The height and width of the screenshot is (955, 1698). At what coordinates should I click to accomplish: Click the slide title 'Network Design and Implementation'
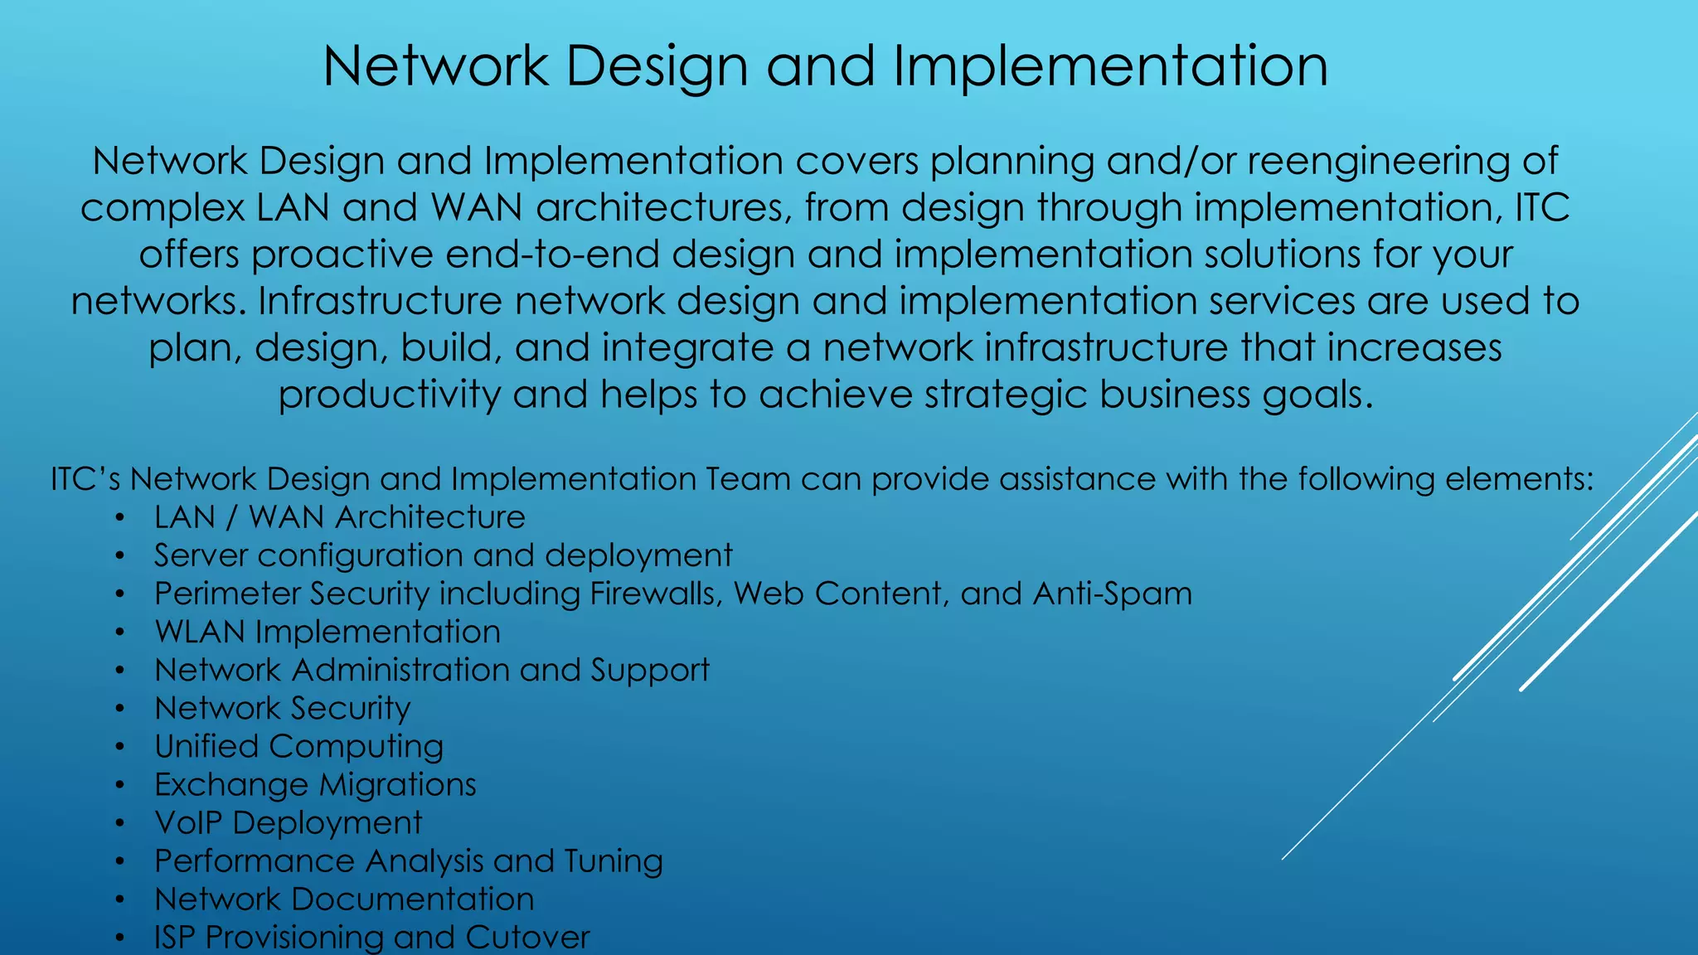click(825, 66)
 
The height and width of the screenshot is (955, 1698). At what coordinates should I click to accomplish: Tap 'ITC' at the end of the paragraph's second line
click(1542, 207)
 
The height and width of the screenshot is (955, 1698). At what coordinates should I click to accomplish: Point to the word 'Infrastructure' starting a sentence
click(379, 301)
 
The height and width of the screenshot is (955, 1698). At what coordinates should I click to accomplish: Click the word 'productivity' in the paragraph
click(389, 395)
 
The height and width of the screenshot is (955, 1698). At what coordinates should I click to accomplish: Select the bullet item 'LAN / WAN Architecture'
click(339, 517)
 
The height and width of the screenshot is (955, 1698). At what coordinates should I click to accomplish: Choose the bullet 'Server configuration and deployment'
click(443, 555)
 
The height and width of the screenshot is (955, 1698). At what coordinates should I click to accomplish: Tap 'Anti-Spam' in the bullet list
click(1112, 594)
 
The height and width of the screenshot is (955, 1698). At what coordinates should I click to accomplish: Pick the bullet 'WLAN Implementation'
click(327, 632)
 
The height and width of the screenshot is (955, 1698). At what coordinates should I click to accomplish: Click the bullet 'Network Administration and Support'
click(431, 670)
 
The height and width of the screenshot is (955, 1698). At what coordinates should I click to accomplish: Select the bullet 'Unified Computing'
click(298, 746)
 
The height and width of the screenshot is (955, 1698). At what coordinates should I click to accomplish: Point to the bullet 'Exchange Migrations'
click(315, 784)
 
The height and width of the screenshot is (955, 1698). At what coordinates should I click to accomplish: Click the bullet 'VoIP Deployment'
click(288, 822)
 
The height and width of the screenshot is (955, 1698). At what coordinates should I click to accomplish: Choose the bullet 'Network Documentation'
click(344, 899)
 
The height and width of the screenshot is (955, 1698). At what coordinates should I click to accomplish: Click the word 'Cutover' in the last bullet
click(527, 937)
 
